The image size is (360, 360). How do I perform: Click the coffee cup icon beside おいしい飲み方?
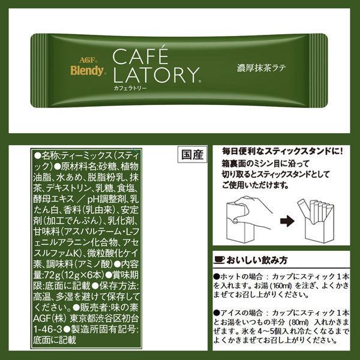219,260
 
